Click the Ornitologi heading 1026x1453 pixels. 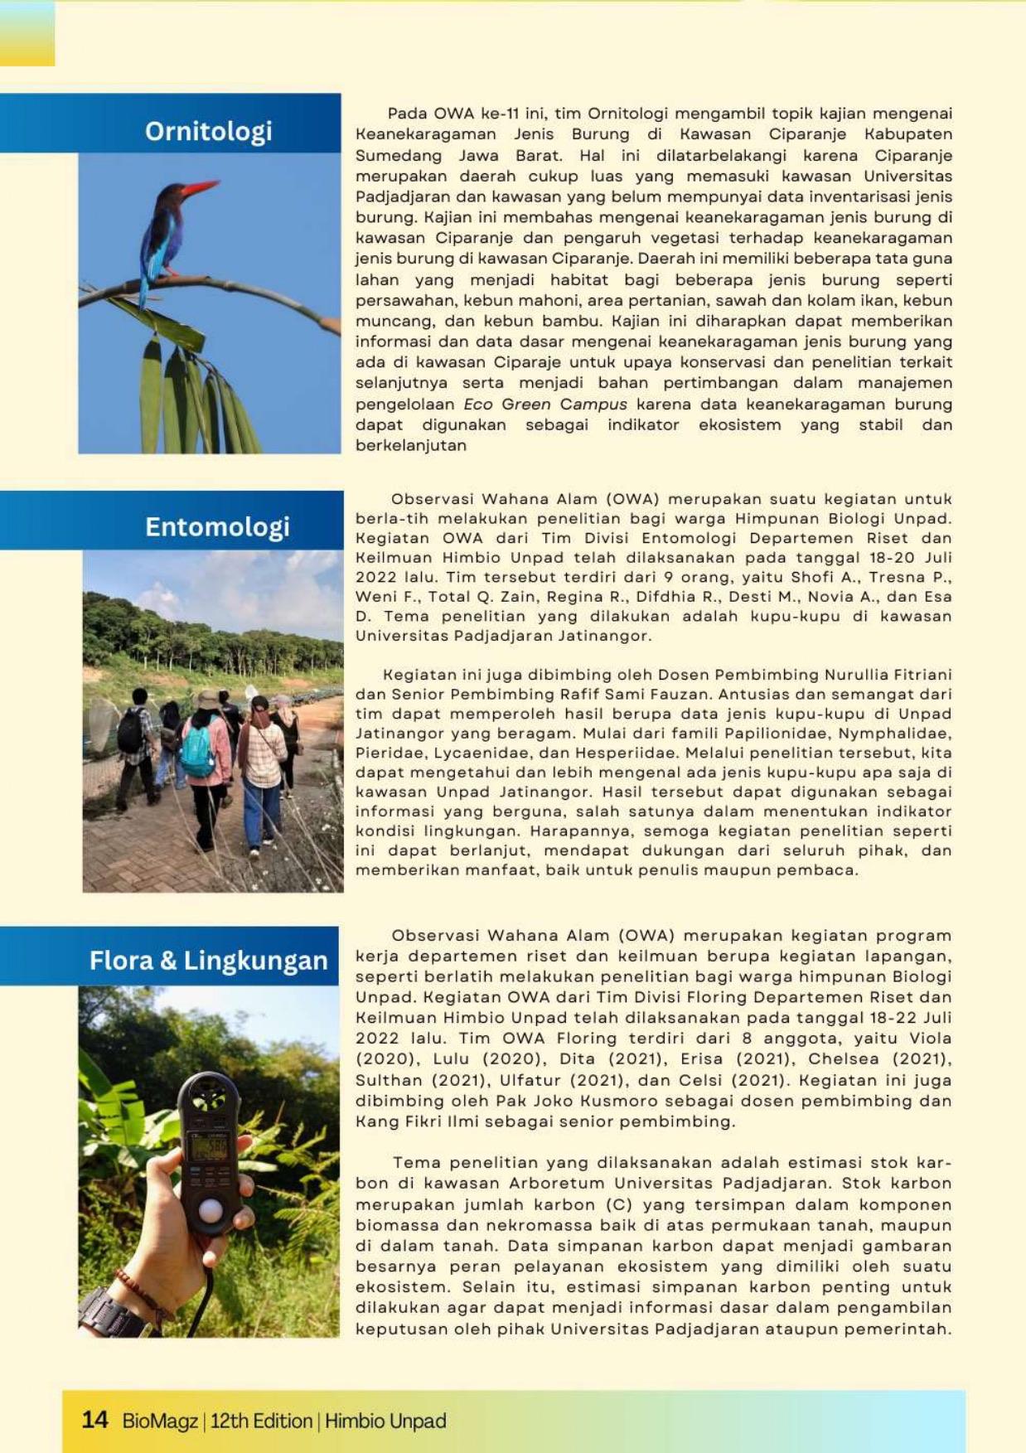pyautogui.click(x=208, y=131)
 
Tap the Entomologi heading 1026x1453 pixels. pyautogui.click(x=217, y=526)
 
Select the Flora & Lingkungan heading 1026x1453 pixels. pyautogui.click(x=208, y=960)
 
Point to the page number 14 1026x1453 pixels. pyautogui.click(x=94, y=1420)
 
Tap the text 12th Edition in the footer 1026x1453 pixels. pyautogui.click(x=261, y=1421)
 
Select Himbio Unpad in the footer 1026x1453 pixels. pyautogui.click(x=385, y=1421)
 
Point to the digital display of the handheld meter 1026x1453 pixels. pyautogui.click(x=209, y=1147)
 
